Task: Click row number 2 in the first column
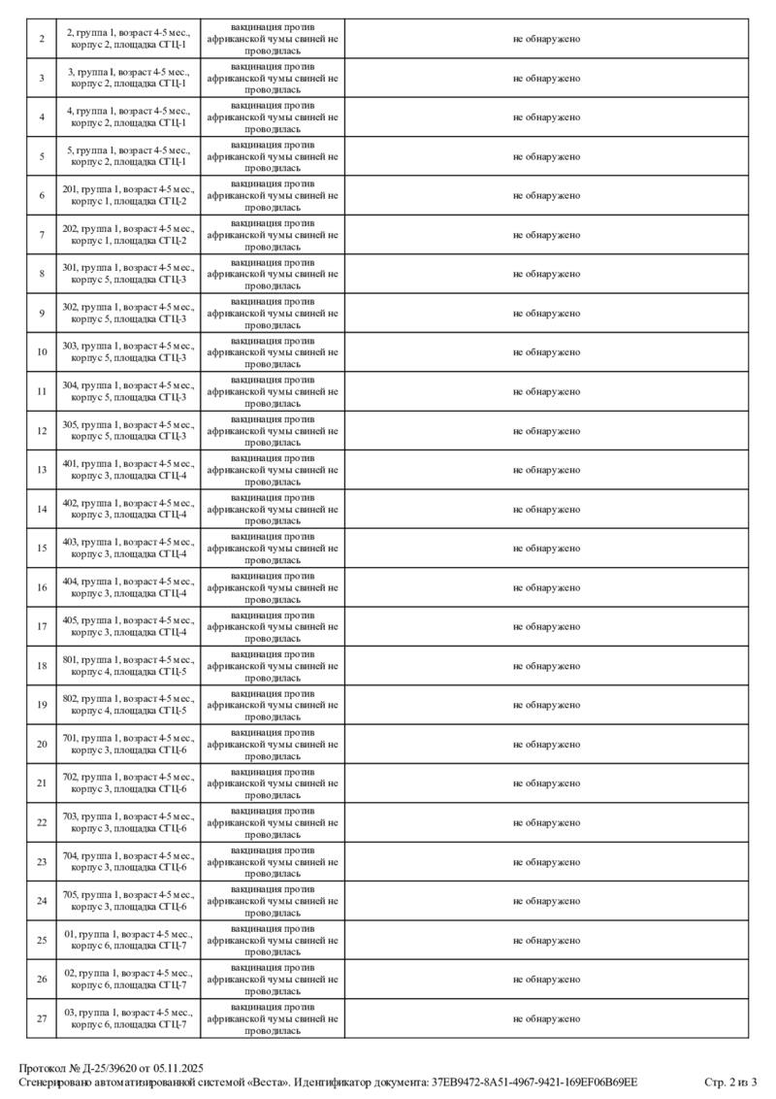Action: click(42, 39)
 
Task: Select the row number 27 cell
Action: click(42, 1018)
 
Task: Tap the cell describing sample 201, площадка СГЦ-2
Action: click(128, 195)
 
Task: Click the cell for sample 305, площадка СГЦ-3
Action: click(128, 430)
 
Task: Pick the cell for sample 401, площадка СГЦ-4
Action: click(128, 470)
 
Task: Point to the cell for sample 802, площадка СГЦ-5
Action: click(128, 705)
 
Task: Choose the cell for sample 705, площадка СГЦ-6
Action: click(128, 901)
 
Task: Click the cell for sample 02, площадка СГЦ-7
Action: click(128, 979)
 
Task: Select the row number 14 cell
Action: click(42, 509)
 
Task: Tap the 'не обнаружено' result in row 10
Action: click(546, 352)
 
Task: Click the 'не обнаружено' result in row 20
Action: click(546, 744)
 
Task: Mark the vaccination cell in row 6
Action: click(273, 195)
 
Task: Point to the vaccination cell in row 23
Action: click(273, 861)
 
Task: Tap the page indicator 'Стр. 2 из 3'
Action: click(729, 1082)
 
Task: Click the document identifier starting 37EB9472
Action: click(533, 1082)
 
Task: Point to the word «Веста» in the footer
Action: click(265, 1082)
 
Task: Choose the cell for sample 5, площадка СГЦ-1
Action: click(128, 156)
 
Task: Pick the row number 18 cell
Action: click(42, 665)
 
